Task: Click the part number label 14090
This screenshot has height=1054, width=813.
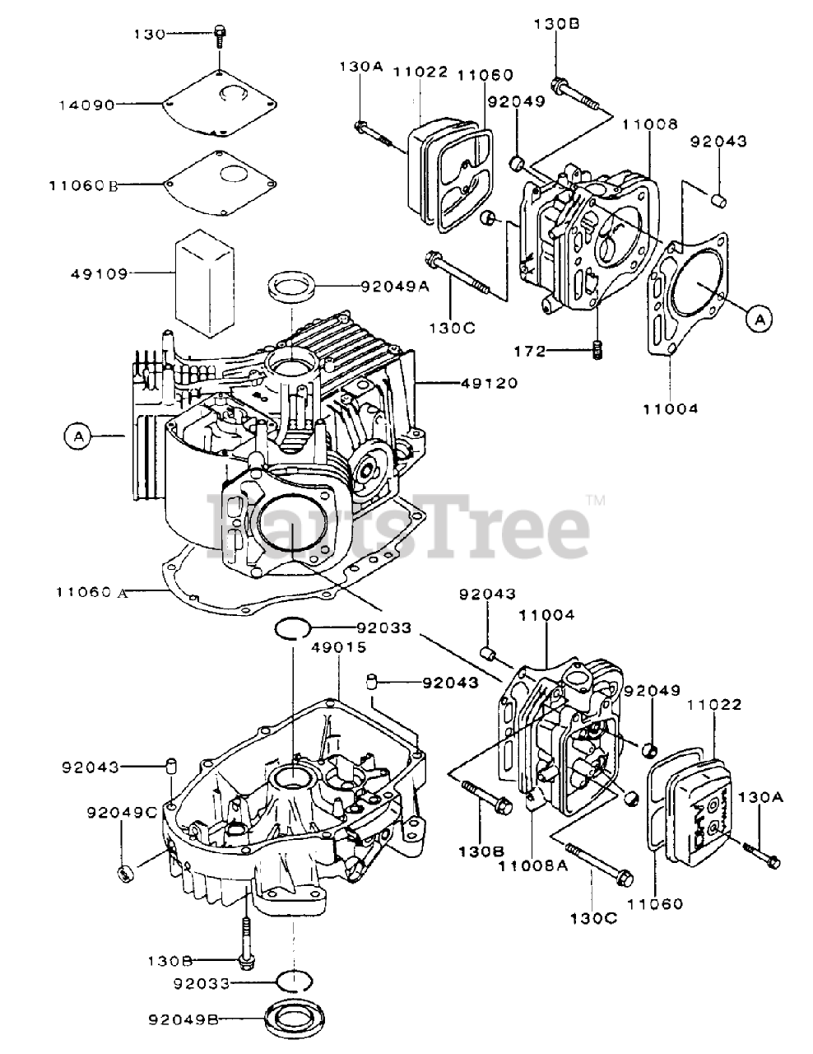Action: [x=87, y=105]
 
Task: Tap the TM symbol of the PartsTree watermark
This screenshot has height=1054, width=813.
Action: [x=596, y=500]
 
